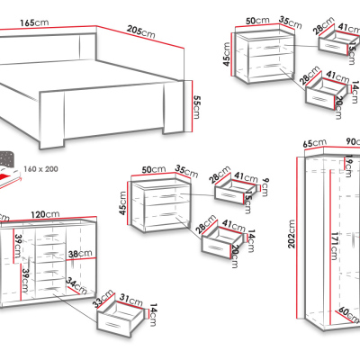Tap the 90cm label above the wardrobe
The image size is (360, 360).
(x=350, y=143)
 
